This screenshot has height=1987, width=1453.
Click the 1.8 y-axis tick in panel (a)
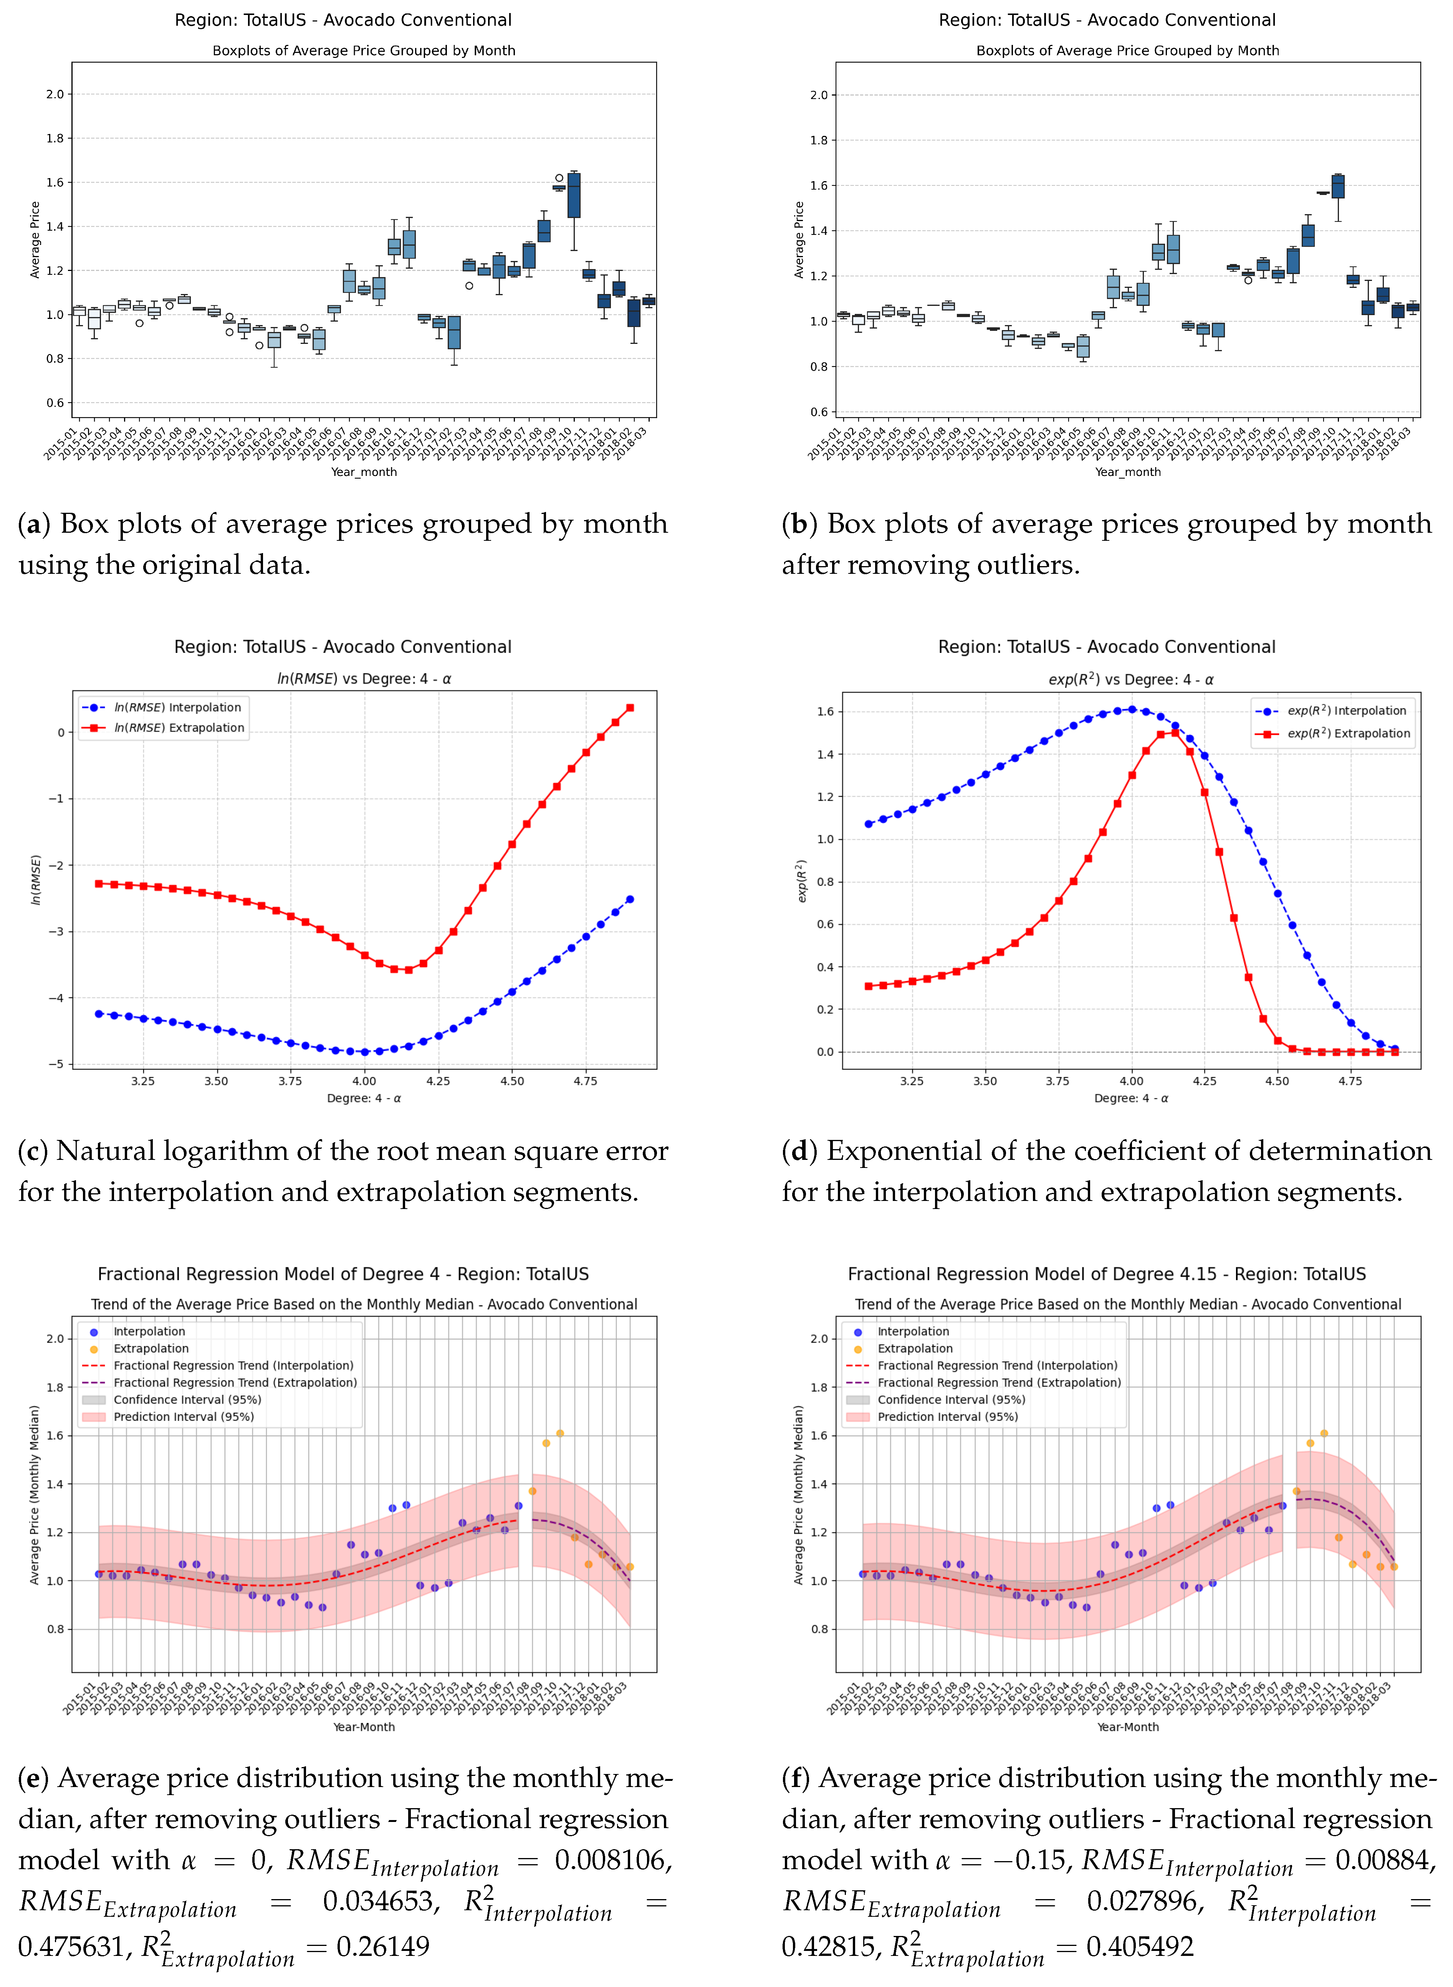coord(55,138)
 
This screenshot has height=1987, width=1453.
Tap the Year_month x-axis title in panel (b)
coord(1127,472)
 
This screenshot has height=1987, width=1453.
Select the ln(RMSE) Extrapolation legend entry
coord(179,728)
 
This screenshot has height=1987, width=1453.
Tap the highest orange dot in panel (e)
coord(560,1433)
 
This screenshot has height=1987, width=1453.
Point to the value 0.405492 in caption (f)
coord(1140,1947)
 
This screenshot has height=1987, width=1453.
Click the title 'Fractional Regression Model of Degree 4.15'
coord(1107,1274)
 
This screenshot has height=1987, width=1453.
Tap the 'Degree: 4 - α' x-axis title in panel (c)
coord(363,1098)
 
